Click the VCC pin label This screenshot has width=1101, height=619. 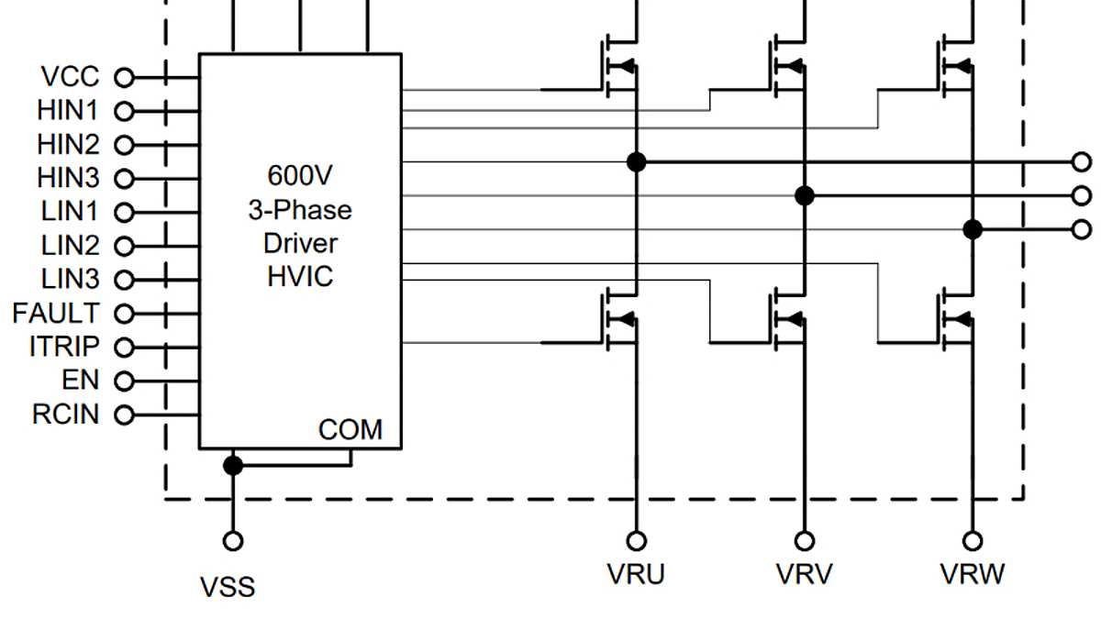click(70, 77)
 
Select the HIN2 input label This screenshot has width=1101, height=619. click(68, 145)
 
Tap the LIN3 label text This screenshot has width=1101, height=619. click(70, 279)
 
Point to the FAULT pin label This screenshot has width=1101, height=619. click(56, 313)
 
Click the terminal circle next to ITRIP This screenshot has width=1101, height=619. click(123, 348)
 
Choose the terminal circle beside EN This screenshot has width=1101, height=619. click(123, 381)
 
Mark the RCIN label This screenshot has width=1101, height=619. click(65, 415)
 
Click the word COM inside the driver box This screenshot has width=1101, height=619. click(350, 429)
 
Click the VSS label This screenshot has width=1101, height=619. click(228, 586)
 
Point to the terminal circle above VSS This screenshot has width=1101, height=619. click(233, 540)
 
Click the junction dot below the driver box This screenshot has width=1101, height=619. click(233, 465)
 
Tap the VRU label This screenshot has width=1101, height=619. click(636, 574)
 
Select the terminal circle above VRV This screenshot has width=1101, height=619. click(805, 540)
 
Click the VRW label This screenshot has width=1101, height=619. click(973, 574)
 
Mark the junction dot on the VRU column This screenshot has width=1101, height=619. click(636, 162)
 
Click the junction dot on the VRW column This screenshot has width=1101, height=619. click(973, 228)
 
